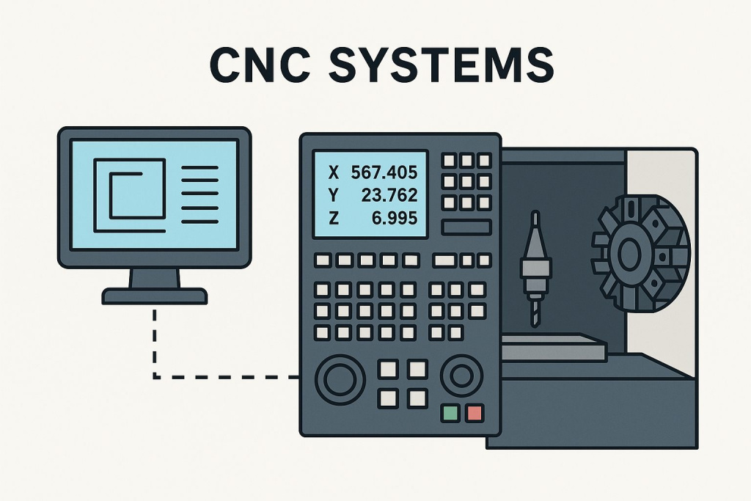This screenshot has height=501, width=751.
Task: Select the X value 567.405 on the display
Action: point(384,173)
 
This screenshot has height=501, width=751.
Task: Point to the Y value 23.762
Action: point(389,195)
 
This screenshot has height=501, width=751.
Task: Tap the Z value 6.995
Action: point(394,218)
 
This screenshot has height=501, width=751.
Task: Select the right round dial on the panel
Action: point(461,377)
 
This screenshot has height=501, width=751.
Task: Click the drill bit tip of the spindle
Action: point(534,317)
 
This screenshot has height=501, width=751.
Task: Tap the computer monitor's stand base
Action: point(154,296)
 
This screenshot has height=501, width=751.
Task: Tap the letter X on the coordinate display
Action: point(334,173)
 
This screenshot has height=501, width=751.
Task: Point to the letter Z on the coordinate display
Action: point(334,218)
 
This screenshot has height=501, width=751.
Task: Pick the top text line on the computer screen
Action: point(199,168)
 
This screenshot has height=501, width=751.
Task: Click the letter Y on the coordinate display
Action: point(334,195)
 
